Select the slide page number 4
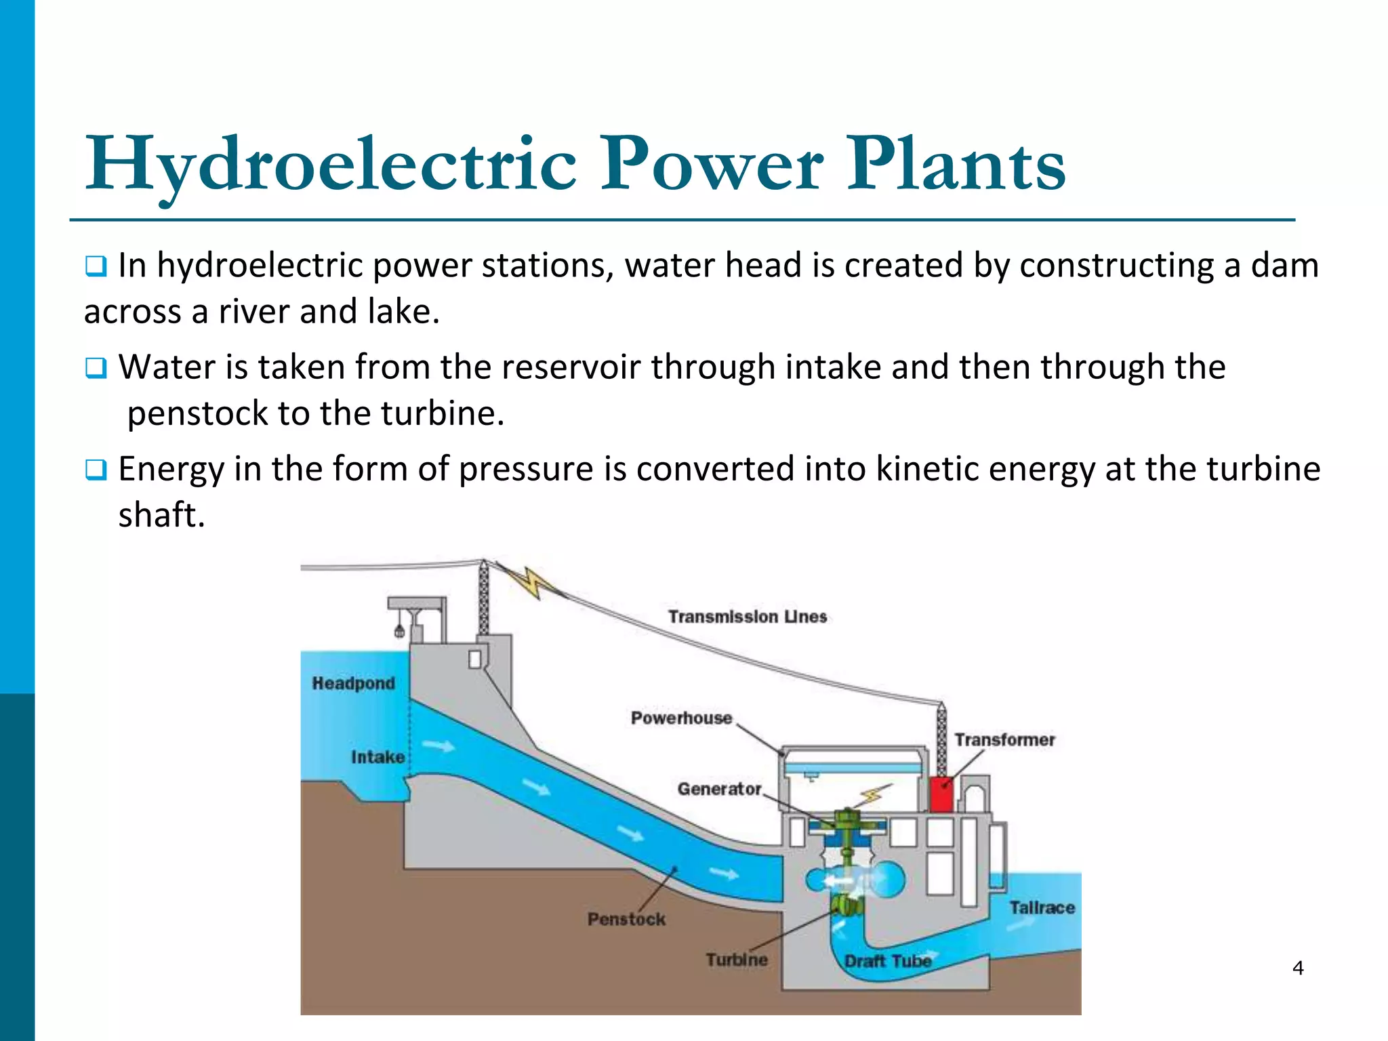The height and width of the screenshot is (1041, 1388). [1298, 968]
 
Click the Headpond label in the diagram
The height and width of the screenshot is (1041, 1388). [353, 683]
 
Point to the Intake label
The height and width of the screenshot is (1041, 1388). [377, 757]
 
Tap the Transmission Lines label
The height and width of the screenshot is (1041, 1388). [748, 617]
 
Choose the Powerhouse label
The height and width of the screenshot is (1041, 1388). [681, 718]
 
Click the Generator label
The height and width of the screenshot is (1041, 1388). [719, 789]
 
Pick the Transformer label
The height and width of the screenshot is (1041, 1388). [1004, 739]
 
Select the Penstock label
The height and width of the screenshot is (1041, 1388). [626, 919]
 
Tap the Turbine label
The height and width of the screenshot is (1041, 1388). [737, 960]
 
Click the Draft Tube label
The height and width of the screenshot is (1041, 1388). [888, 961]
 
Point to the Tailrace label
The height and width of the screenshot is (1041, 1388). [1042, 907]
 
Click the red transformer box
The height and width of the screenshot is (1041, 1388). [941, 795]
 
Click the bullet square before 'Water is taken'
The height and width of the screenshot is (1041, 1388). [96, 368]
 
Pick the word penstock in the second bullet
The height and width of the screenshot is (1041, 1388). [197, 413]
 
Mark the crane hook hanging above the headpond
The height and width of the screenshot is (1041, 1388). [400, 630]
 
